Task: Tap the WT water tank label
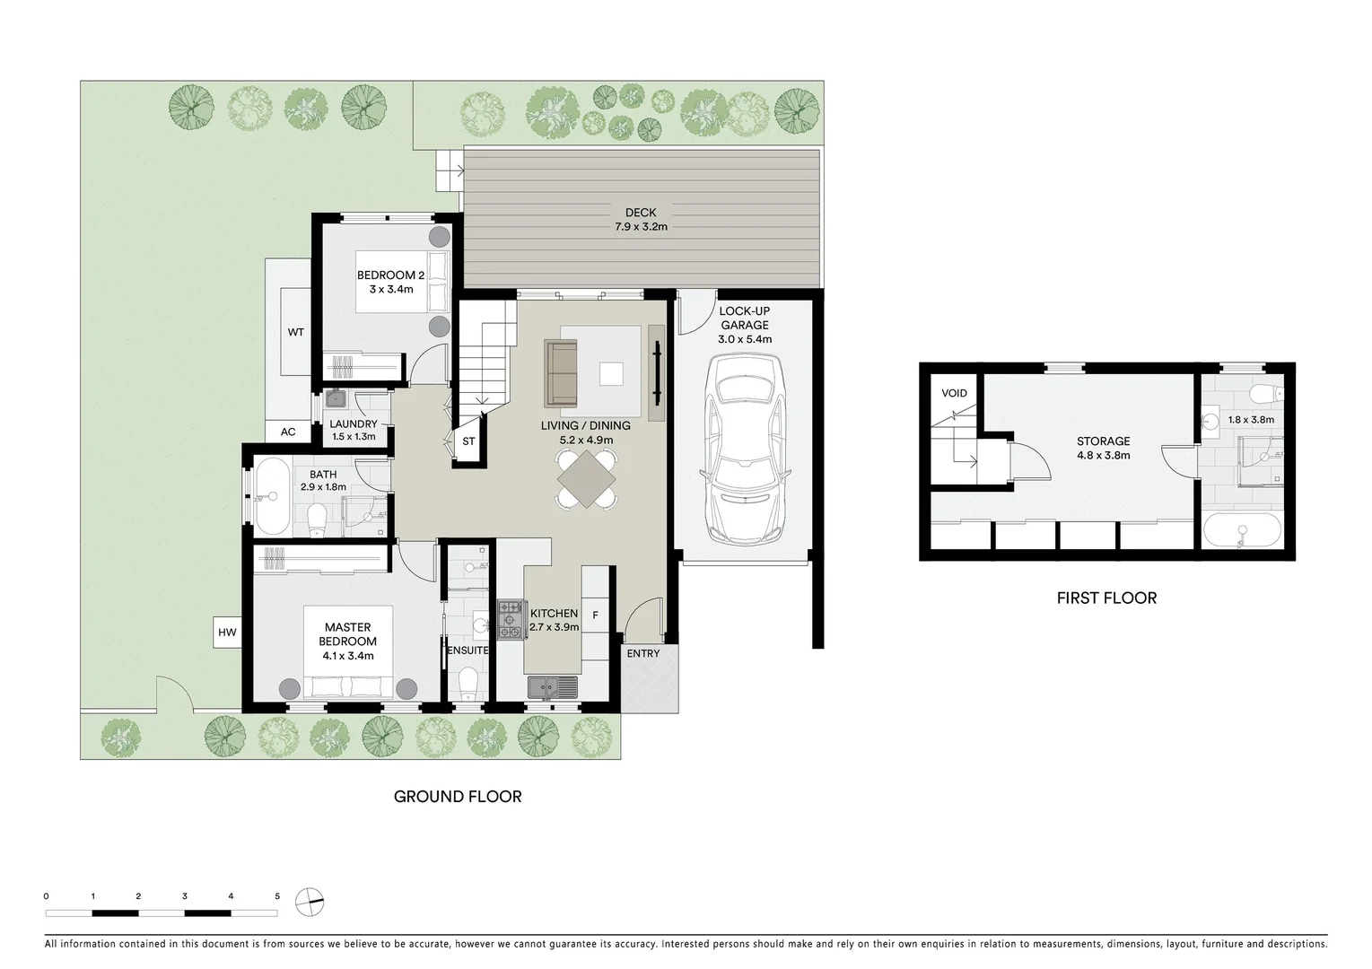coord(295,332)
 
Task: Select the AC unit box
coord(288,432)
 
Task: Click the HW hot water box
coord(227,633)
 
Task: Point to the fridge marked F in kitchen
coord(595,615)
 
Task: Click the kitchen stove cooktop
coord(510,620)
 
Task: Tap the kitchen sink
coord(553,688)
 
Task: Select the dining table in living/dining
coord(587,479)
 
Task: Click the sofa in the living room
coord(561,372)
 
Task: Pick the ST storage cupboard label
coord(468,441)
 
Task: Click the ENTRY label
coord(642,653)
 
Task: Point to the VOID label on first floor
coord(954,393)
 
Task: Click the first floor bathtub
coord(1243,531)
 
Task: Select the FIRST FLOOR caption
coord(1105,598)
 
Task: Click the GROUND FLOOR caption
coord(458,796)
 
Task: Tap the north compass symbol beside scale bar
coord(309,901)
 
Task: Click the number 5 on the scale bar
coord(277,895)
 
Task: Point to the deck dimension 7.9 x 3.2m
coord(641,227)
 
